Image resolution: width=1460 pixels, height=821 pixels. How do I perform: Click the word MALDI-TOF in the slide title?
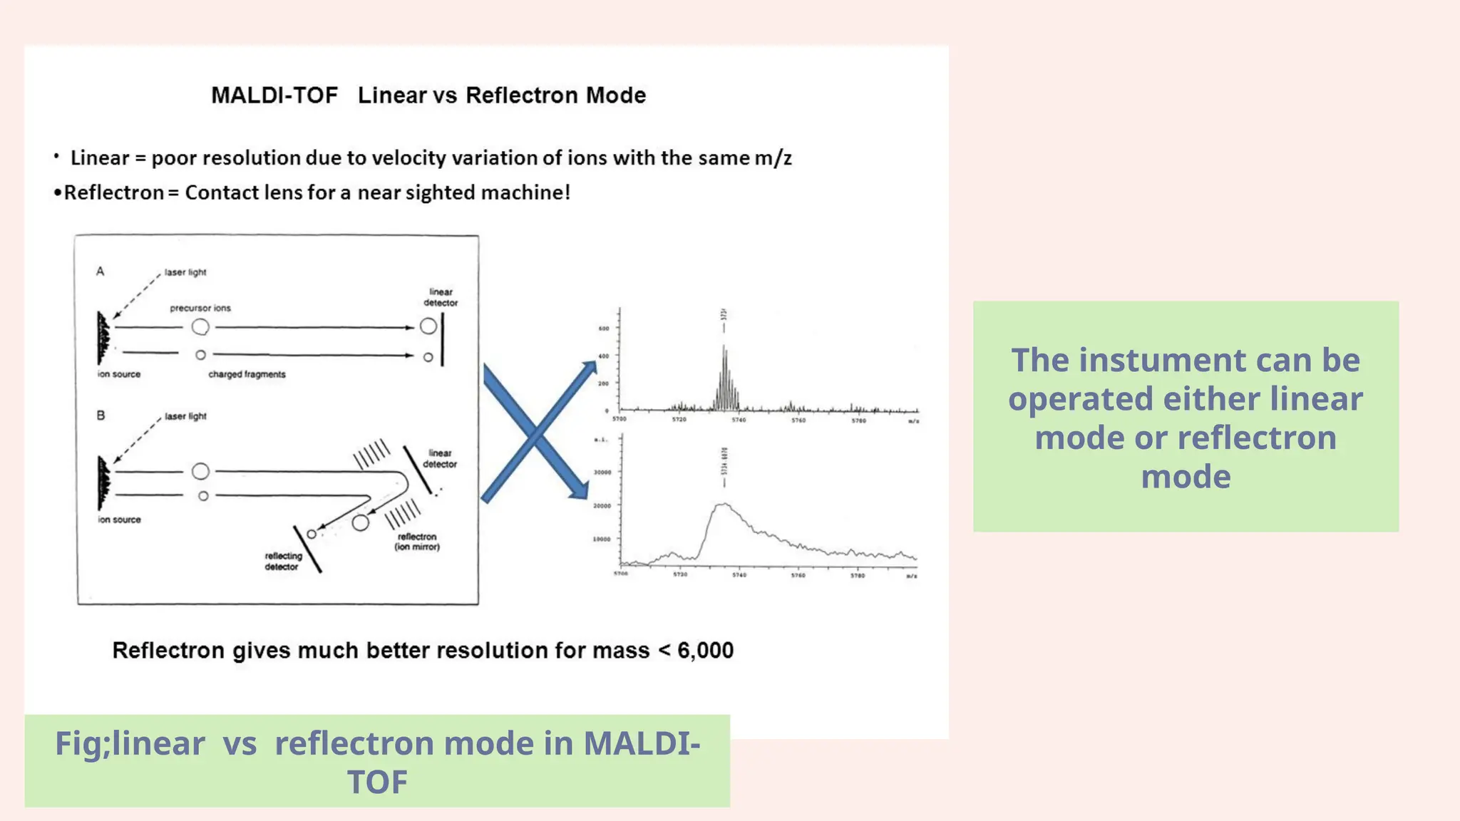pyautogui.click(x=274, y=95)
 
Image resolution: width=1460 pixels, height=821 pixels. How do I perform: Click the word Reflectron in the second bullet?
pyautogui.click(x=114, y=193)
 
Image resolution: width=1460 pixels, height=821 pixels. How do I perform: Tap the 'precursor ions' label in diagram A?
pyautogui.click(x=200, y=308)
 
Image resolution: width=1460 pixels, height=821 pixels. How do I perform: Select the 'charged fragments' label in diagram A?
pyautogui.click(x=247, y=374)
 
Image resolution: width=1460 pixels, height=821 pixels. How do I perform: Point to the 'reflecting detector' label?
pyautogui.click(x=283, y=562)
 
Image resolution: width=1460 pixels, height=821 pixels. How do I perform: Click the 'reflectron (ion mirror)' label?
pyautogui.click(x=417, y=542)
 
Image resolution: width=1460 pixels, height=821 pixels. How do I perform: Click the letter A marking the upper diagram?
pyautogui.click(x=101, y=272)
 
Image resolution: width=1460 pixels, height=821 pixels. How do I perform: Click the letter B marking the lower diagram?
pyautogui.click(x=101, y=415)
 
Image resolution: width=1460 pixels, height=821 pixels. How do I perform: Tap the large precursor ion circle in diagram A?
pyautogui.click(x=200, y=327)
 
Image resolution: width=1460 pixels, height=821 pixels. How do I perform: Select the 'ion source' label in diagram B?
pyautogui.click(x=119, y=520)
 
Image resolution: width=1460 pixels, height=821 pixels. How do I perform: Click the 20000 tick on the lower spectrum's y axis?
pyautogui.click(x=602, y=506)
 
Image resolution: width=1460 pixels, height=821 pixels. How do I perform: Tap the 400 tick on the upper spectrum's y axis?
pyautogui.click(x=604, y=356)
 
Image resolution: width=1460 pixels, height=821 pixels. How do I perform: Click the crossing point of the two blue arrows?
pyautogui.click(x=535, y=433)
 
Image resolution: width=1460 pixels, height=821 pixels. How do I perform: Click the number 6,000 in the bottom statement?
pyautogui.click(x=705, y=651)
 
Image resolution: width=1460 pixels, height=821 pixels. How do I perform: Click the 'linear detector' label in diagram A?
pyautogui.click(x=441, y=297)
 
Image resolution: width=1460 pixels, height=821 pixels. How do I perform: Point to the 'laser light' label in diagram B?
pyautogui.click(x=185, y=416)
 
